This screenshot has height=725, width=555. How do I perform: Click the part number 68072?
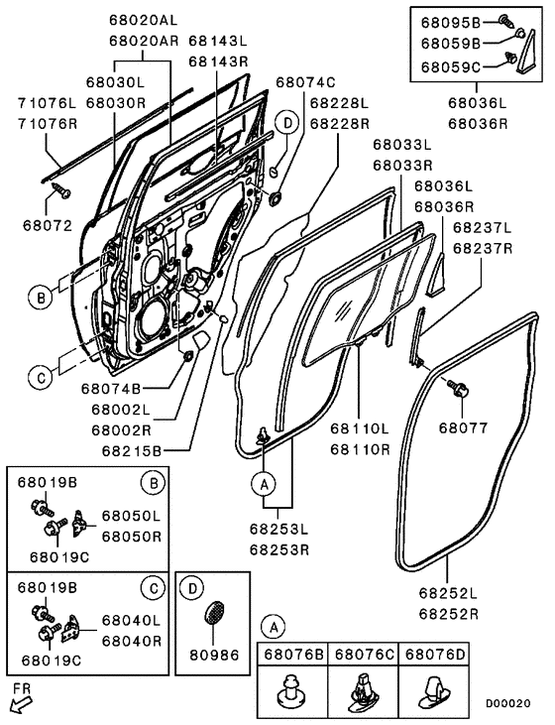click(48, 226)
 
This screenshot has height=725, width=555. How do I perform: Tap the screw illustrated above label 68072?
click(60, 190)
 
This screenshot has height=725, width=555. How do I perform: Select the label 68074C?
click(305, 82)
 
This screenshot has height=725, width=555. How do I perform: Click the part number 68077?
click(463, 428)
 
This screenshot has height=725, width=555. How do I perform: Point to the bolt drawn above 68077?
click(458, 389)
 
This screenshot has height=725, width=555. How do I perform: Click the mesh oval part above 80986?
click(214, 613)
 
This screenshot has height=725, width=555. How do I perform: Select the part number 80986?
click(214, 655)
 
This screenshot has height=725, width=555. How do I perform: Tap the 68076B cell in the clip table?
click(292, 655)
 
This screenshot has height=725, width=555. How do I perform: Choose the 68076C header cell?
click(363, 655)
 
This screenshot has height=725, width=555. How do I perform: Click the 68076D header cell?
click(434, 655)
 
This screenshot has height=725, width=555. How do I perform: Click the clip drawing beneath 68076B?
click(292, 692)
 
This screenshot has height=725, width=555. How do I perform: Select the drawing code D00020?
click(507, 704)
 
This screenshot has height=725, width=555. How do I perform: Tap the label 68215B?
click(132, 451)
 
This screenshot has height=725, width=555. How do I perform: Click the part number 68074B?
click(111, 389)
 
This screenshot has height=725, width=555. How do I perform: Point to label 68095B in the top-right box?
click(451, 22)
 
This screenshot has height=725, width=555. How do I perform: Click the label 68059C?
click(451, 67)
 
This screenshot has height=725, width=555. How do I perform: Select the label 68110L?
click(360, 428)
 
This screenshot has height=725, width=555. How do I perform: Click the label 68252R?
click(449, 614)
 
